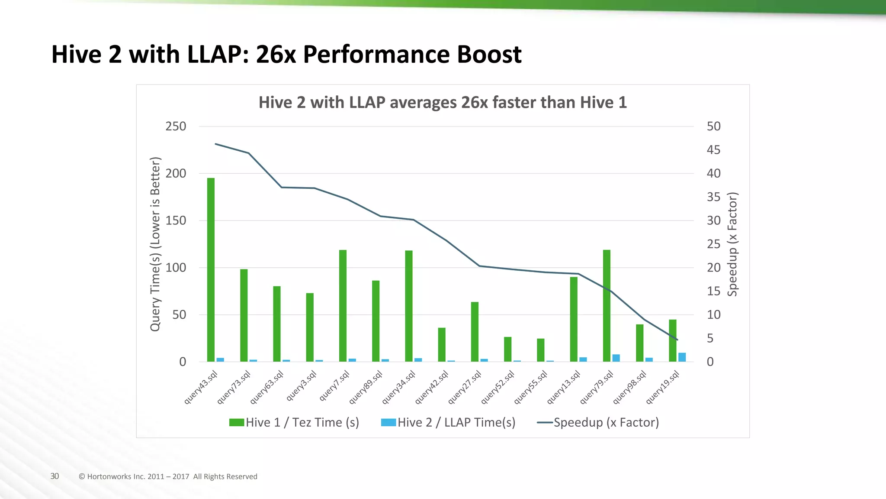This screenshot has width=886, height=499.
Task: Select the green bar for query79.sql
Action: pyautogui.click(x=607, y=305)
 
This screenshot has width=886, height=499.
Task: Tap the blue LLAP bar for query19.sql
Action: pyautogui.click(x=682, y=357)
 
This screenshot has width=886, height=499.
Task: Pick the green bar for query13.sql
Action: pyautogui.click(x=574, y=319)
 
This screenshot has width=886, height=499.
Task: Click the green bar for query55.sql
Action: pyautogui.click(x=541, y=350)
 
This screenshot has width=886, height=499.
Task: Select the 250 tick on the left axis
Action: pyautogui.click(x=176, y=126)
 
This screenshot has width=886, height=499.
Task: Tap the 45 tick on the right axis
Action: pyautogui.click(x=713, y=150)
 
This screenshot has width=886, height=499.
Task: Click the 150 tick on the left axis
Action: pyautogui.click(x=176, y=220)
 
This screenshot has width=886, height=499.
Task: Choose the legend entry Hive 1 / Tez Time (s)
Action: pyautogui.click(x=294, y=422)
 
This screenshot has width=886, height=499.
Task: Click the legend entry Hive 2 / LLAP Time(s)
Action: pyautogui.click(x=448, y=422)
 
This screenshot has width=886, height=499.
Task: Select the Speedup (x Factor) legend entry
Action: pyautogui.click(x=598, y=422)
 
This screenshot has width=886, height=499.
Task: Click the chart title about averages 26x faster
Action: pyautogui.click(x=443, y=103)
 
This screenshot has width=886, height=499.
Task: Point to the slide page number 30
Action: pyautogui.click(x=55, y=476)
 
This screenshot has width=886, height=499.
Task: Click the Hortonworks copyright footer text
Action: pyautogui.click(x=168, y=476)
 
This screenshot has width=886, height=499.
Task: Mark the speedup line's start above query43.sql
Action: pyautogui.click(x=215, y=144)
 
